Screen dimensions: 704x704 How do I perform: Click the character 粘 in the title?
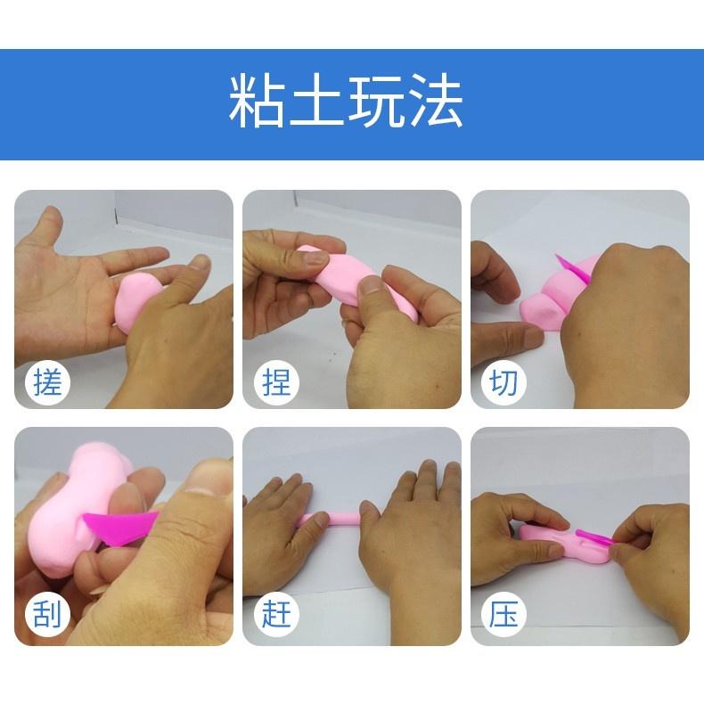pos(258,102)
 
